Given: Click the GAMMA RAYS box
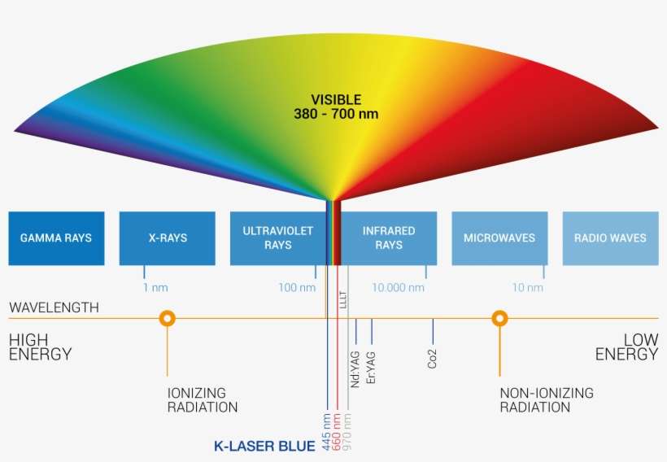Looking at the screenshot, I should click(x=56, y=238).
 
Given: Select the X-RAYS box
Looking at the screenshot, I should click(x=168, y=238).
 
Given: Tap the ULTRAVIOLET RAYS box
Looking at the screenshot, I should click(x=277, y=238).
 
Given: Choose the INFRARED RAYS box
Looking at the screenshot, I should click(x=389, y=238).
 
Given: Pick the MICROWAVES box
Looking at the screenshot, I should click(x=499, y=238).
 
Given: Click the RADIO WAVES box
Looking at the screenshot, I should click(x=610, y=238).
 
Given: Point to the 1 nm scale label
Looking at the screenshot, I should click(x=156, y=288).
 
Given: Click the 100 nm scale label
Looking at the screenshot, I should click(x=296, y=288).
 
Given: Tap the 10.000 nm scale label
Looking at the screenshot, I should click(x=398, y=288).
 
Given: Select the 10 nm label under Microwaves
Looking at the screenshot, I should click(x=527, y=288).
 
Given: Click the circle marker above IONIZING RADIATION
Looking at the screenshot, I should click(x=168, y=318).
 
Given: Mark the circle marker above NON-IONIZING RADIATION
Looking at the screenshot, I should click(x=499, y=318).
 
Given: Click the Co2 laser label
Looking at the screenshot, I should click(x=433, y=359).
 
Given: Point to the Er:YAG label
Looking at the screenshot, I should click(x=372, y=366).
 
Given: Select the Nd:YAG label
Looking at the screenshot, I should click(x=355, y=368).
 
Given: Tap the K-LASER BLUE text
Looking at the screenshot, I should click(x=264, y=446).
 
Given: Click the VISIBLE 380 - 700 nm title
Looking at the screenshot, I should click(x=336, y=107).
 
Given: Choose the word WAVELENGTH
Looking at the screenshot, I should click(x=54, y=307).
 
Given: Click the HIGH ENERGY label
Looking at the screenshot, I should click(x=40, y=346).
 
